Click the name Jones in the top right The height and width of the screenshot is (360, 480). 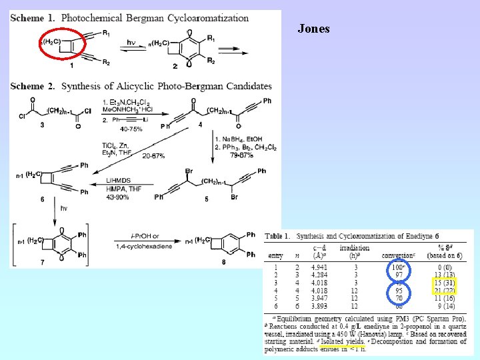tap(313, 29)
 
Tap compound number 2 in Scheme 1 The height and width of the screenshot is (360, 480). tap(175, 66)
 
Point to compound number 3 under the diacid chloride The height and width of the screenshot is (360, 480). tap(42, 125)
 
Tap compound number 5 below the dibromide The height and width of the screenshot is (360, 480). tap(207, 198)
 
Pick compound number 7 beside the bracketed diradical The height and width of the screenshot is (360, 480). tap(42, 262)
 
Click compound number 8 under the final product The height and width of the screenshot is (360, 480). tap(224, 262)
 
